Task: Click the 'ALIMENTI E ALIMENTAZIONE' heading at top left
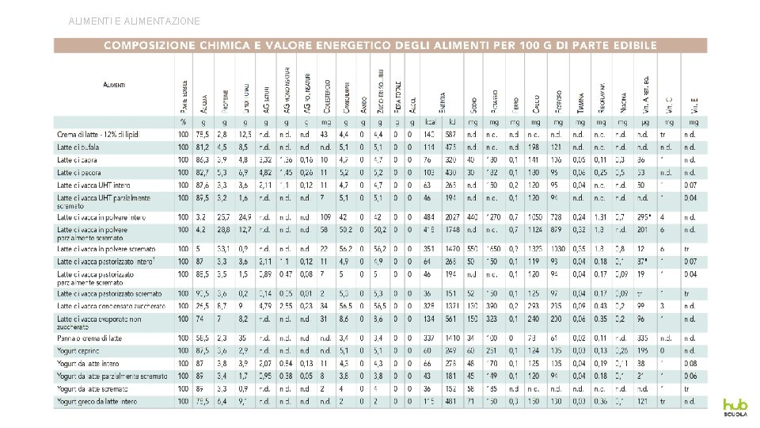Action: [135, 21]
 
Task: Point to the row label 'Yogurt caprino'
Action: [80, 350]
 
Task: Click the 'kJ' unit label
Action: [450, 122]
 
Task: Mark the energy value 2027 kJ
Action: [451, 216]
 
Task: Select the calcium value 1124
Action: [536, 229]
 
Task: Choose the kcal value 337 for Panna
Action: [430, 338]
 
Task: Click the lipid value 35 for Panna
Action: [244, 338]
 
